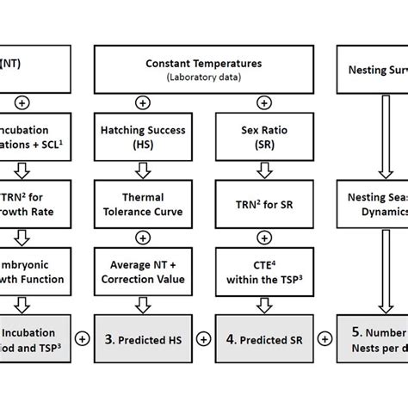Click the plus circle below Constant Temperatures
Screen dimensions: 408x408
[193, 102]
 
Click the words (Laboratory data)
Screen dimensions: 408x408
[193, 76]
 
